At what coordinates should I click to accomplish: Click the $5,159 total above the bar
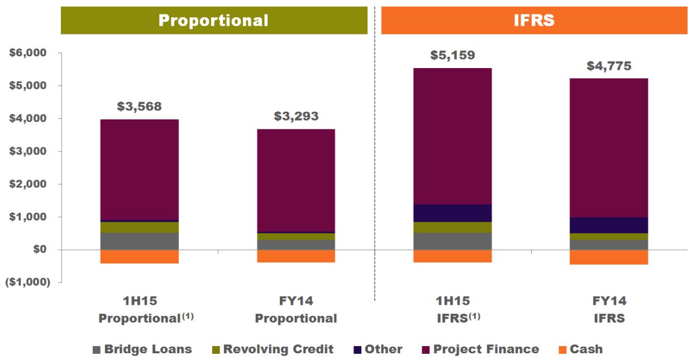452,56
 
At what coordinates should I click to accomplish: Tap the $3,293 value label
296,117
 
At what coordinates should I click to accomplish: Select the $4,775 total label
609,66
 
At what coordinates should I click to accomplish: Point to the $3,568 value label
139,107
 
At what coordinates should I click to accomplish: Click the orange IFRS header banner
534,21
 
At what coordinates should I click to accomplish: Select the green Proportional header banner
213,21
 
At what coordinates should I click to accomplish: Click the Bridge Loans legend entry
142,349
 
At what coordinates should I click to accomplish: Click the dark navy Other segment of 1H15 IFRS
452,213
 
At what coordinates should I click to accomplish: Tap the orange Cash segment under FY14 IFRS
609,257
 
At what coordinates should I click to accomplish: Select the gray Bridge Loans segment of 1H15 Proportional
139,241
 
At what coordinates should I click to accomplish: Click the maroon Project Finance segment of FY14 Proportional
296,179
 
